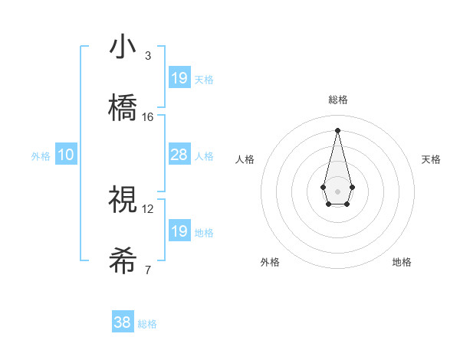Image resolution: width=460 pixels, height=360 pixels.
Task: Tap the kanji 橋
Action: tap(123, 108)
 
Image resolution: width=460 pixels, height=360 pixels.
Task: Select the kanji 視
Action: tap(123, 200)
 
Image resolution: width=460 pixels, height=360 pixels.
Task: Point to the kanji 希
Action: tap(123, 261)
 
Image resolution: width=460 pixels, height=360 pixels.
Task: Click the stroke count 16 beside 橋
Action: tap(148, 116)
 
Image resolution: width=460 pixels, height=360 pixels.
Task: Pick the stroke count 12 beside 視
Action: tap(148, 208)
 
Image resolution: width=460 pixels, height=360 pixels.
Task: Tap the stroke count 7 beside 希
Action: tap(148, 270)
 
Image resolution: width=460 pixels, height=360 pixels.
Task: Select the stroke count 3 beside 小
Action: tap(148, 55)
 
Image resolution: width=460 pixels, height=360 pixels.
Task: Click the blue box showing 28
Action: tap(179, 155)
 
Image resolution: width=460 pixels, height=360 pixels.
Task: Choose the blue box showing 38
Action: tap(123, 322)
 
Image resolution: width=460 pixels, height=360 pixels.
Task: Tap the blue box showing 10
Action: tap(66, 155)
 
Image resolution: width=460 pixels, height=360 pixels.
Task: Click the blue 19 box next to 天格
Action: tap(179, 78)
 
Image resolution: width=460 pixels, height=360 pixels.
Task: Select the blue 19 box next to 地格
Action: tap(179, 231)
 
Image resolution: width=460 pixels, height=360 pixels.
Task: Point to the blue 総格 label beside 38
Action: tap(147, 324)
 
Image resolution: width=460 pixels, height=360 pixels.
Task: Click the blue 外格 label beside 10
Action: tap(41, 156)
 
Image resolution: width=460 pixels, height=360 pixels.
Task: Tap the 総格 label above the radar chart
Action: tap(337, 100)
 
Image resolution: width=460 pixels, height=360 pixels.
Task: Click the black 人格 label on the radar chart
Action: tap(245, 159)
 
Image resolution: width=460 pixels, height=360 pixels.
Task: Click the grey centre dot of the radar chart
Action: tap(337, 190)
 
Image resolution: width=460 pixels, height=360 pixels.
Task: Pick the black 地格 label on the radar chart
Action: tap(402, 262)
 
